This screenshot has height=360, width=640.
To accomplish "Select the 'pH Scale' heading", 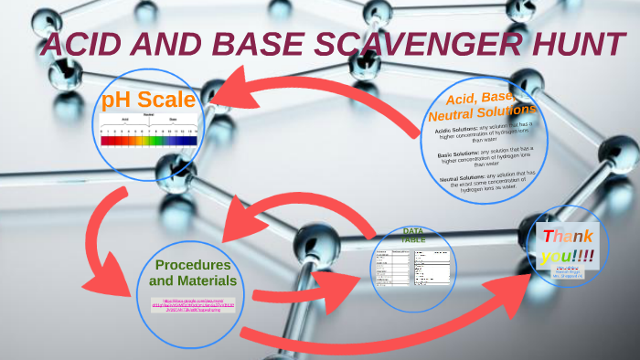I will click(148, 100).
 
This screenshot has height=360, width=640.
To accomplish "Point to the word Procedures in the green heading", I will click(192, 264).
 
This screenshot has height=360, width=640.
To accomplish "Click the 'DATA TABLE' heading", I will click(414, 235).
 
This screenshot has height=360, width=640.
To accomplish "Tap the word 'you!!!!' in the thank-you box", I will click(568, 256).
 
